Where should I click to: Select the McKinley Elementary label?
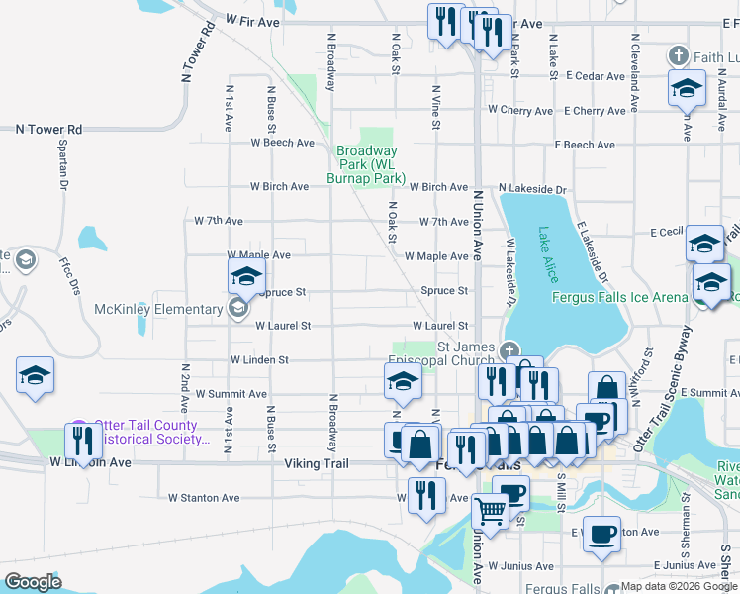[x=159, y=310]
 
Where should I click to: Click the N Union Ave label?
[x=476, y=218]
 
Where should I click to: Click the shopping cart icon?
[x=490, y=511]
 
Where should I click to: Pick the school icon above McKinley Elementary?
[x=246, y=276]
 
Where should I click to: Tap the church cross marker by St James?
[x=509, y=349]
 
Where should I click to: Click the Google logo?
[x=33, y=582]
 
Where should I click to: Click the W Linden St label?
[x=259, y=360]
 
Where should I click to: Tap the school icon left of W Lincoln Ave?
[x=35, y=376]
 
